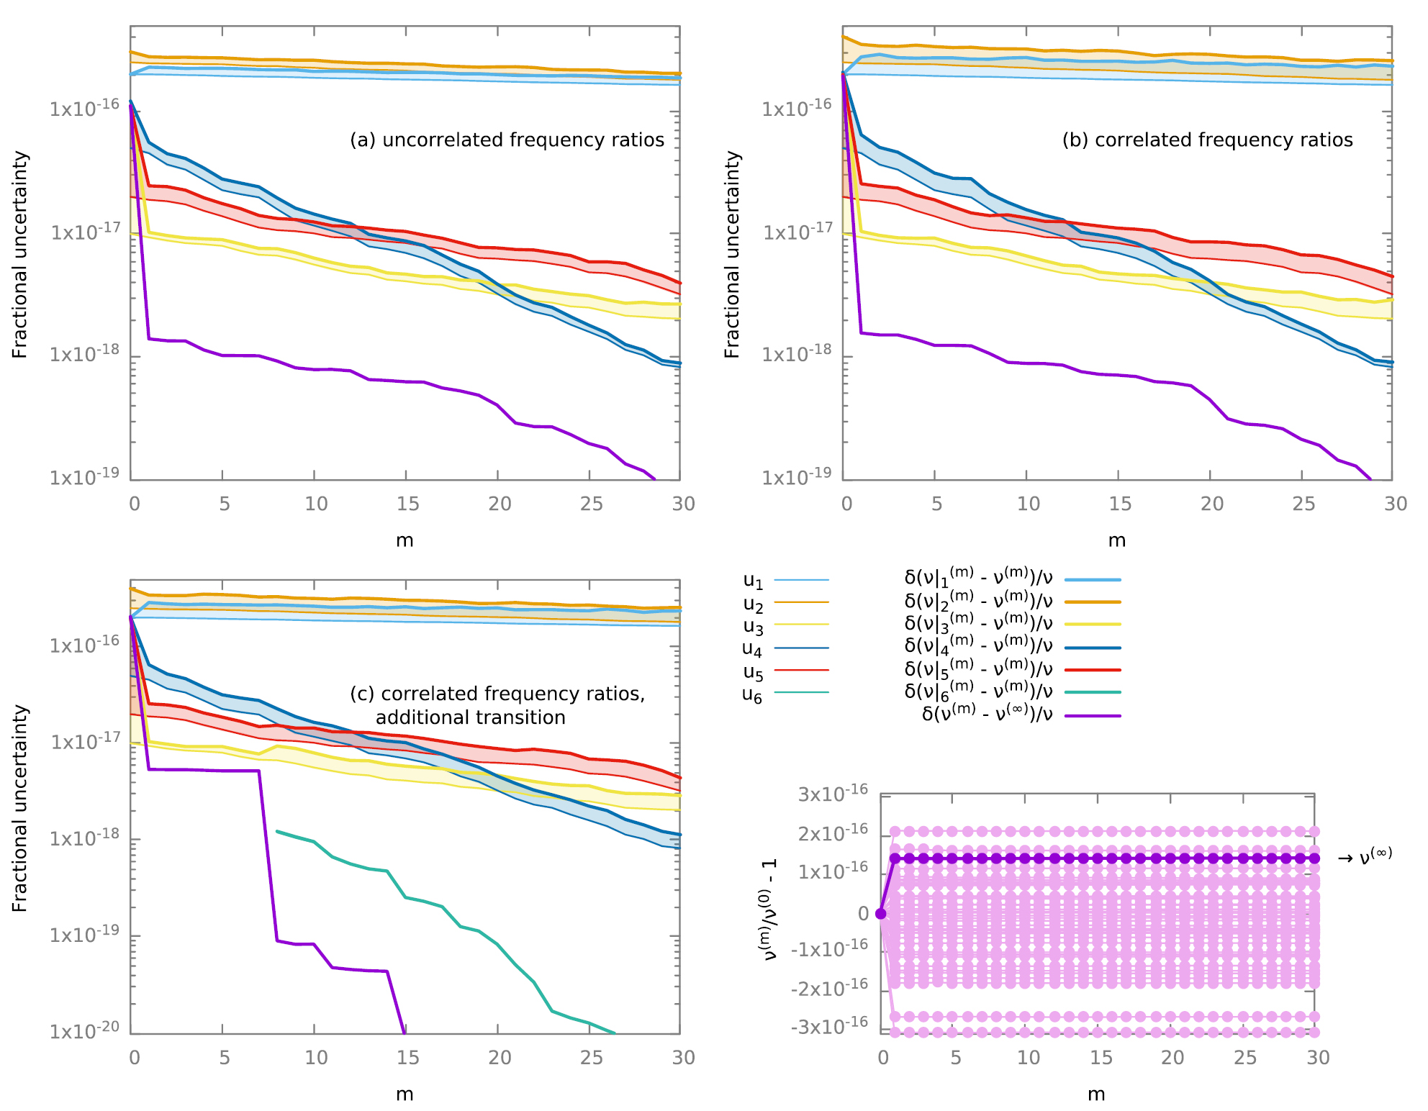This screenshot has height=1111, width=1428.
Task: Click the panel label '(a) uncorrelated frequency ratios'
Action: [507, 140]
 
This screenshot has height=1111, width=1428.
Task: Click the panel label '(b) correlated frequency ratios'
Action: [1207, 140]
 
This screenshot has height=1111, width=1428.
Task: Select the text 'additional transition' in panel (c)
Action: [470, 717]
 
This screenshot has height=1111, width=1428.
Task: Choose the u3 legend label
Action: [753, 627]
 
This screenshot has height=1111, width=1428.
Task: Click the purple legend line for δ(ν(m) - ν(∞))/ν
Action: [1093, 716]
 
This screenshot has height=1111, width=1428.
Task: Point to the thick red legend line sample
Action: [1093, 670]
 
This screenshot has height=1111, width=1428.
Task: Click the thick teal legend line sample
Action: [1093, 693]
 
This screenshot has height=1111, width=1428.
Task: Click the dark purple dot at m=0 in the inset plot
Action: [880, 914]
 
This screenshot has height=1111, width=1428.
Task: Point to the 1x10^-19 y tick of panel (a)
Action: [84, 477]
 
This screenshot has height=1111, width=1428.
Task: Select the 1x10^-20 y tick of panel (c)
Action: [84, 1031]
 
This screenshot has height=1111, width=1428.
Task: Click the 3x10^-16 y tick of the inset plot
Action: [833, 794]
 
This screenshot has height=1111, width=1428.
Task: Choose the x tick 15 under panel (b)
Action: [1119, 504]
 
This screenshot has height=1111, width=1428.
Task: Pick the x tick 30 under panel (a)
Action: [683, 504]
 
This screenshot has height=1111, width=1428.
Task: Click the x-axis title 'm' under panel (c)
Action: [405, 1094]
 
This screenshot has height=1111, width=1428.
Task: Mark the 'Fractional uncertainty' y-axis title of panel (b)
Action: [732, 254]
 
